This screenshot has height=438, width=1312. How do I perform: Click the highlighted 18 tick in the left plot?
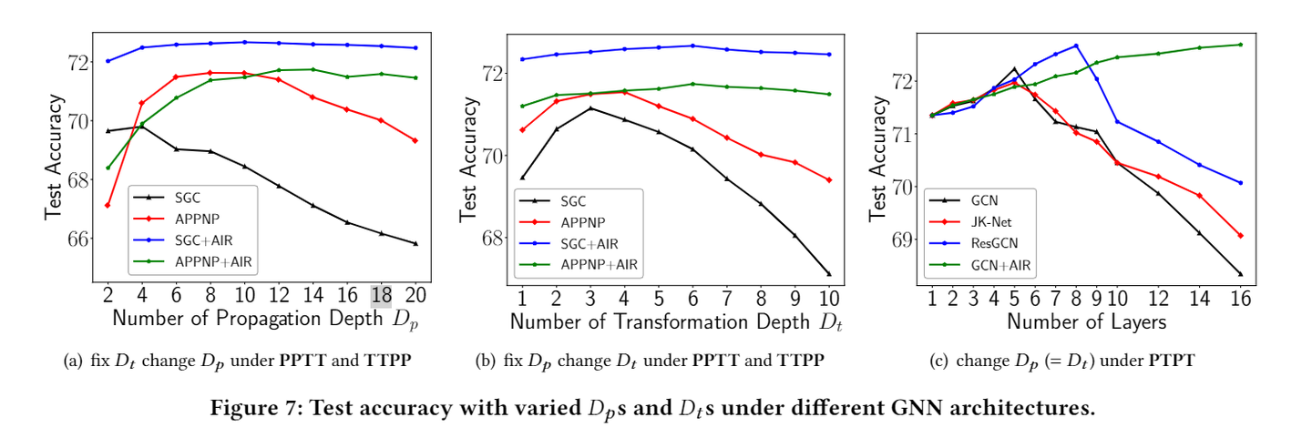click(x=382, y=296)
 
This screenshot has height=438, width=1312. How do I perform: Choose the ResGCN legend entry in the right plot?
click(x=993, y=243)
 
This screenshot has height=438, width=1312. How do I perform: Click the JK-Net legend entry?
click(x=991, y=221)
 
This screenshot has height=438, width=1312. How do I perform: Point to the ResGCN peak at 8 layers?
click(x=1076, y=46)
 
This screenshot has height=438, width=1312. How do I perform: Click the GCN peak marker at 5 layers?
click(x=1014, y=68)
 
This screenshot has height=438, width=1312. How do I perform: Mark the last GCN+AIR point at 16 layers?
click(x=1241, y=45)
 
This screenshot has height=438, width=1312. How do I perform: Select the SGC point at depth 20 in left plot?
click(x=415, y=243)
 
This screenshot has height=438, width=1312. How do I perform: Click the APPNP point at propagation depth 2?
click(x=108, y=205)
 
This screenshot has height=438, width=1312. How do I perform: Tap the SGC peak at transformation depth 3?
click(x=591, y=108)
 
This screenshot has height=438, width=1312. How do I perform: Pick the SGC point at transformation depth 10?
click(x=829, y=274)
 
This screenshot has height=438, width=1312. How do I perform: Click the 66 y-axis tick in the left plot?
click(x=79, y=239)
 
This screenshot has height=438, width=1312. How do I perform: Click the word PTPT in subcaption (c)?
click(x=1174, y=361)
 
